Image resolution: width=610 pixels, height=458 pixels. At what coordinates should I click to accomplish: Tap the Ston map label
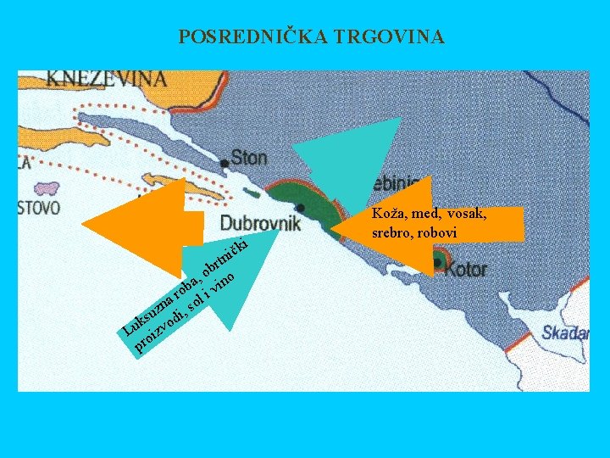(x=248, y=157)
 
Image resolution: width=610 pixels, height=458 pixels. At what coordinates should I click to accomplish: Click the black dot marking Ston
(x=224, y=163)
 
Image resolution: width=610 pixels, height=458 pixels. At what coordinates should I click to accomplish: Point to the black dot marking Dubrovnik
(x=301, y=208)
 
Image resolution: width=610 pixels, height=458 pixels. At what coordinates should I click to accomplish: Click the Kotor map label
(x=466, y=269)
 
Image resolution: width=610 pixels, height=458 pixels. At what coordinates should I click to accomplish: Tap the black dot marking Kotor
(x=436, y=262)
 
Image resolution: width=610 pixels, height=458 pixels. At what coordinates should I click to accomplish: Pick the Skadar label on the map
(x=565, y=332)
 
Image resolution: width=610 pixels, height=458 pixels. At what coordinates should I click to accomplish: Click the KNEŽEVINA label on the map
(x=107, y=79)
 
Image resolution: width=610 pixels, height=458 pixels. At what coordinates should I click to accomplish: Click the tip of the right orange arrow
(x=333, y=228)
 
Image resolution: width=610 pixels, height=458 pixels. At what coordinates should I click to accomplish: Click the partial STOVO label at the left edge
(x=39, y=207)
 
